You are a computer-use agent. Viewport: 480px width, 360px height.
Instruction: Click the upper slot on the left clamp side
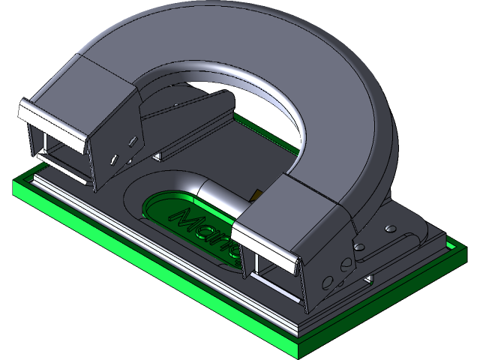[x=132, y=140]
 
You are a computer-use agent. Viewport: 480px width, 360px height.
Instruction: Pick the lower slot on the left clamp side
[x=114, y=158]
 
